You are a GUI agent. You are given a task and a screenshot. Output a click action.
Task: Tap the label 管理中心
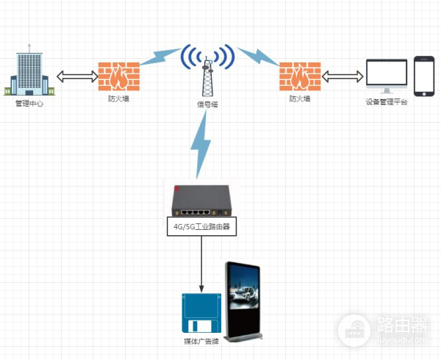click(x=30, y=104)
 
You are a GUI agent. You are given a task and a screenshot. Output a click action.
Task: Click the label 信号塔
click(x=208, y=105)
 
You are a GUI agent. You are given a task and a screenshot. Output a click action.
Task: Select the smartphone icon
click(x=424, y=76)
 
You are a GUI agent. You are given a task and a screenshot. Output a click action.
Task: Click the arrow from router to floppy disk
click(x=201, y=264)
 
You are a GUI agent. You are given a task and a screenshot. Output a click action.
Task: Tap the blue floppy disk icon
click(x=201, y=314)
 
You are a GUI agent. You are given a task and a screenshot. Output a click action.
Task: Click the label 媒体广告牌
click(x=201, y=342)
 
